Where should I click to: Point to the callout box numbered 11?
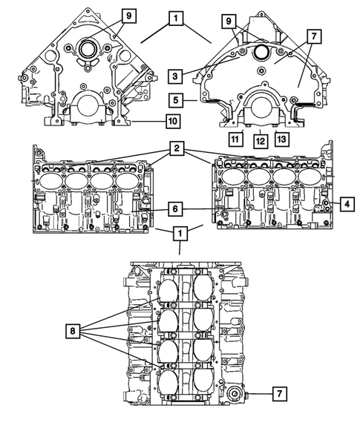(x=234, y=138)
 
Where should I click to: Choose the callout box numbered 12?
(x=259, y=138)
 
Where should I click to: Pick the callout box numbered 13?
(x=282, y=138)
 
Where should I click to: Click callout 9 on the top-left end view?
(x=128, y=16)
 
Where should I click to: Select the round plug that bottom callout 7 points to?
(x=236, y=395)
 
